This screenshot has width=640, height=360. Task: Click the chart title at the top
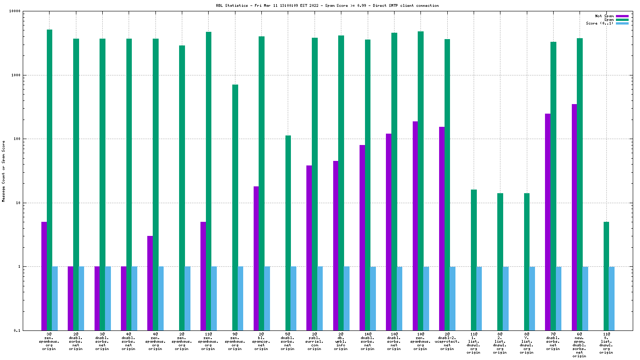pos(327,5)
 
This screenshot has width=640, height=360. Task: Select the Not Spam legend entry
pos(604,16)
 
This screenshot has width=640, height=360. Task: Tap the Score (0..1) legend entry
pos(600,23)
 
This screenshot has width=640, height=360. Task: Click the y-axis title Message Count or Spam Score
pos(4,171)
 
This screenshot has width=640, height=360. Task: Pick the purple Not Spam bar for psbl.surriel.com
pos(309,248)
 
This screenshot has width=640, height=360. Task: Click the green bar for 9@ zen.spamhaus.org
pos(235,207)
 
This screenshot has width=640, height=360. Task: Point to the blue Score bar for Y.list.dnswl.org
pos(532,298)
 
